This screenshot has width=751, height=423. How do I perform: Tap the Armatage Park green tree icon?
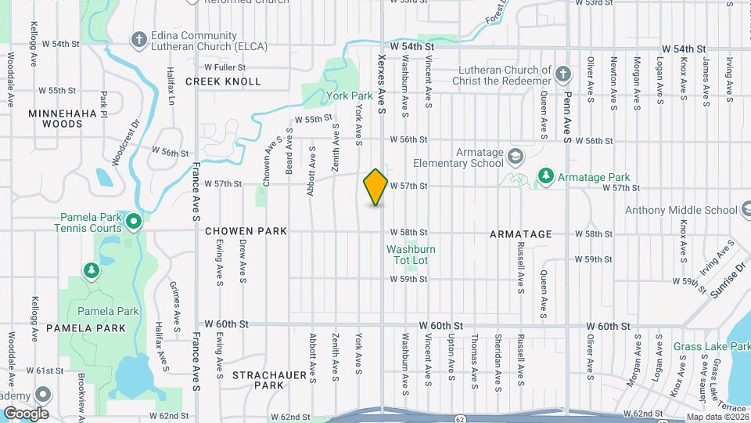[x=546, y=177]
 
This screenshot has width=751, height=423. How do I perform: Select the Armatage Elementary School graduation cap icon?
[x=516, y=156]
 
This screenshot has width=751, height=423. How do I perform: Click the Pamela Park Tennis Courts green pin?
[x=134, y=222]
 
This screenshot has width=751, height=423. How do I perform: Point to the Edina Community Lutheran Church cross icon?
[x=138, y=39]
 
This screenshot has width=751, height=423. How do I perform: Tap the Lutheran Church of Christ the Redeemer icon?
[x=562, y=75]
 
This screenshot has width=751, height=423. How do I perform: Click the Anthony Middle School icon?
[x=746, y=209]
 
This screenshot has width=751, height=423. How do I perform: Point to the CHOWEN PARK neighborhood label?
[x=246, y=232]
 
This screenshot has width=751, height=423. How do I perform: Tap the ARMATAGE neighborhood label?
[x=521, y=234]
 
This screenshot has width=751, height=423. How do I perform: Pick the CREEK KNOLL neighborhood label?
[x=223, y=81]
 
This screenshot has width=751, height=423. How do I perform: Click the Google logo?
[x=26, y=413]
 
